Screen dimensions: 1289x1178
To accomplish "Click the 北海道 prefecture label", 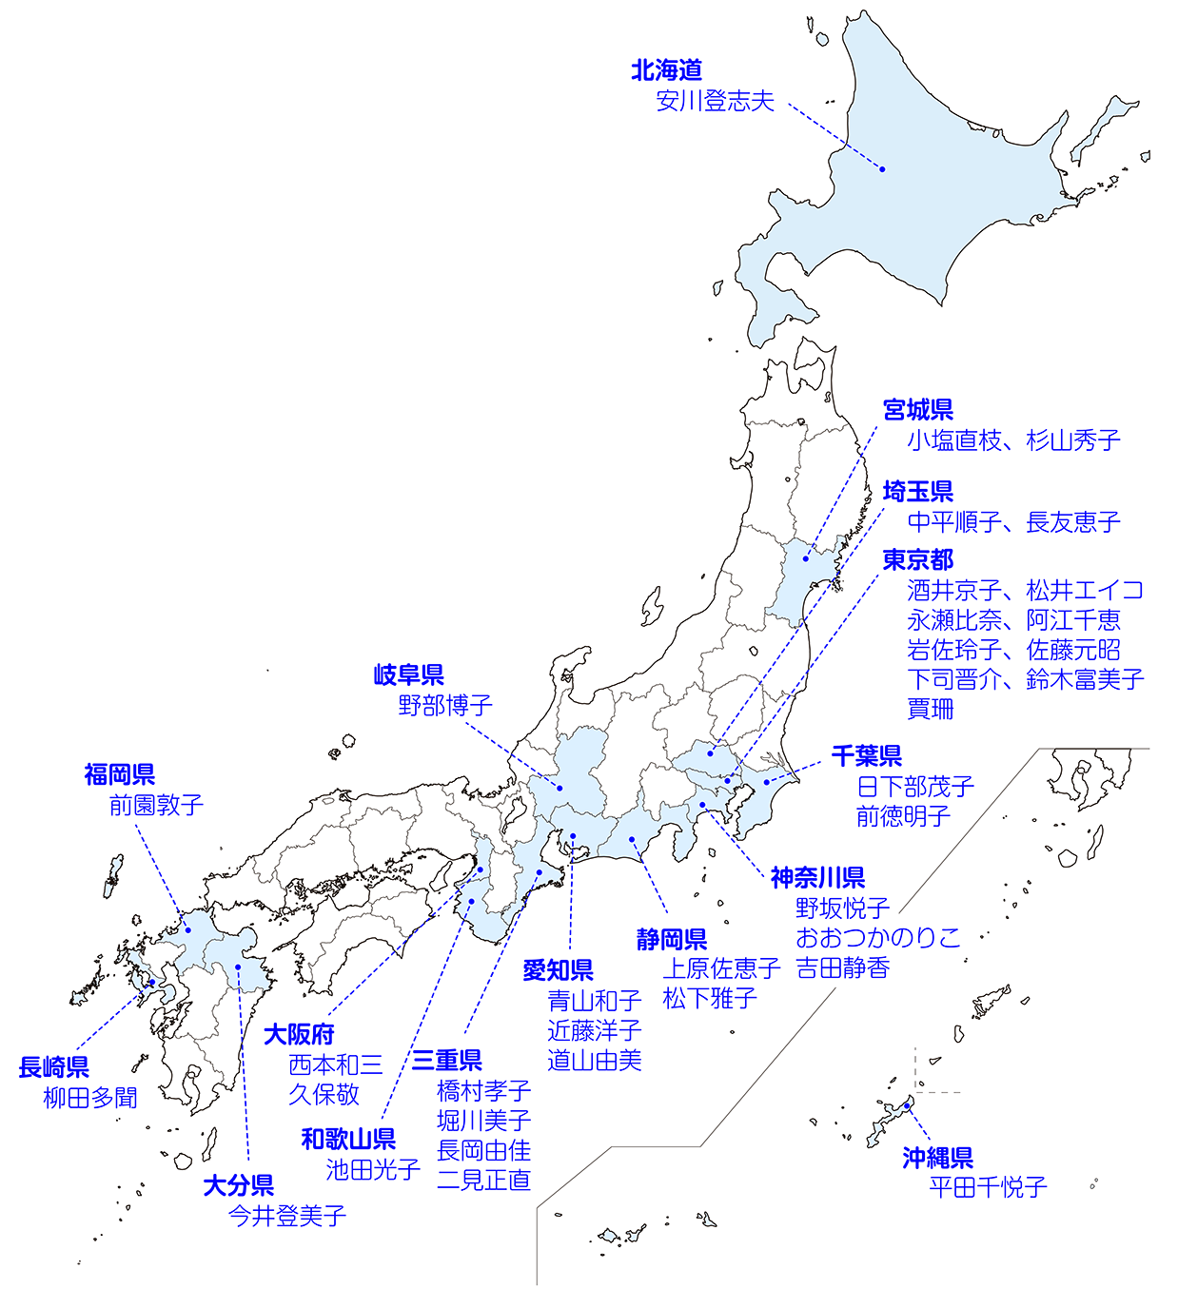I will click(x=666, y=70).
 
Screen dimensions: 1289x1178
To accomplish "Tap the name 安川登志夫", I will click(x=715, y=101).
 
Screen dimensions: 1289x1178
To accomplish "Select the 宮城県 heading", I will click(x=917, y=410).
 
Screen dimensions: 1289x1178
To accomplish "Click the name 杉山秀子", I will click(x=1073, y=440).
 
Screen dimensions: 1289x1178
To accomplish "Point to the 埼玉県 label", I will click(x=917, y=492).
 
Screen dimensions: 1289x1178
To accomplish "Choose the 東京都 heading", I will click(x=917, y=560).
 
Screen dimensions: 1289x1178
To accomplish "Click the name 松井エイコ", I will click(x=1085, y=591).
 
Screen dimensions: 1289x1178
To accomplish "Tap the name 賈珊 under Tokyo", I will click(x=930, y=709).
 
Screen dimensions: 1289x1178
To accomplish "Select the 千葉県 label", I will click(x=866, y=756).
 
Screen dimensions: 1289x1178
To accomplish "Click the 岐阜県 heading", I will click(x=408, y=675).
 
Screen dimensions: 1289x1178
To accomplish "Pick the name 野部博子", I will click(x=445, y=706).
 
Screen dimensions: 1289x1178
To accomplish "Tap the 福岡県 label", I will click(x=119, y=774).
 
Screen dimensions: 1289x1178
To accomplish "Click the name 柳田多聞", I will click(x=90, y=1098).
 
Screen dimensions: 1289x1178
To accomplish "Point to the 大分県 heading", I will click(x=238, y=1185).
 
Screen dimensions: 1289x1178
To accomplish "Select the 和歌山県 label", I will click(x=348, y=1140).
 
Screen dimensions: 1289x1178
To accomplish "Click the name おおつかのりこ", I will click(x=877, y=938).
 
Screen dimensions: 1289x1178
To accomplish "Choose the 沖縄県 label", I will click(x=937, y=1158).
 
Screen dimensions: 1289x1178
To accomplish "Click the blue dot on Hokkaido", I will click(x=882, y=169).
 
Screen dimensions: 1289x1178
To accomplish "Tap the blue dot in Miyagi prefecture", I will click(x=805, y=558).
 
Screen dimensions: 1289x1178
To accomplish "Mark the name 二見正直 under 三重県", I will click(x=483, y=1181).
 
